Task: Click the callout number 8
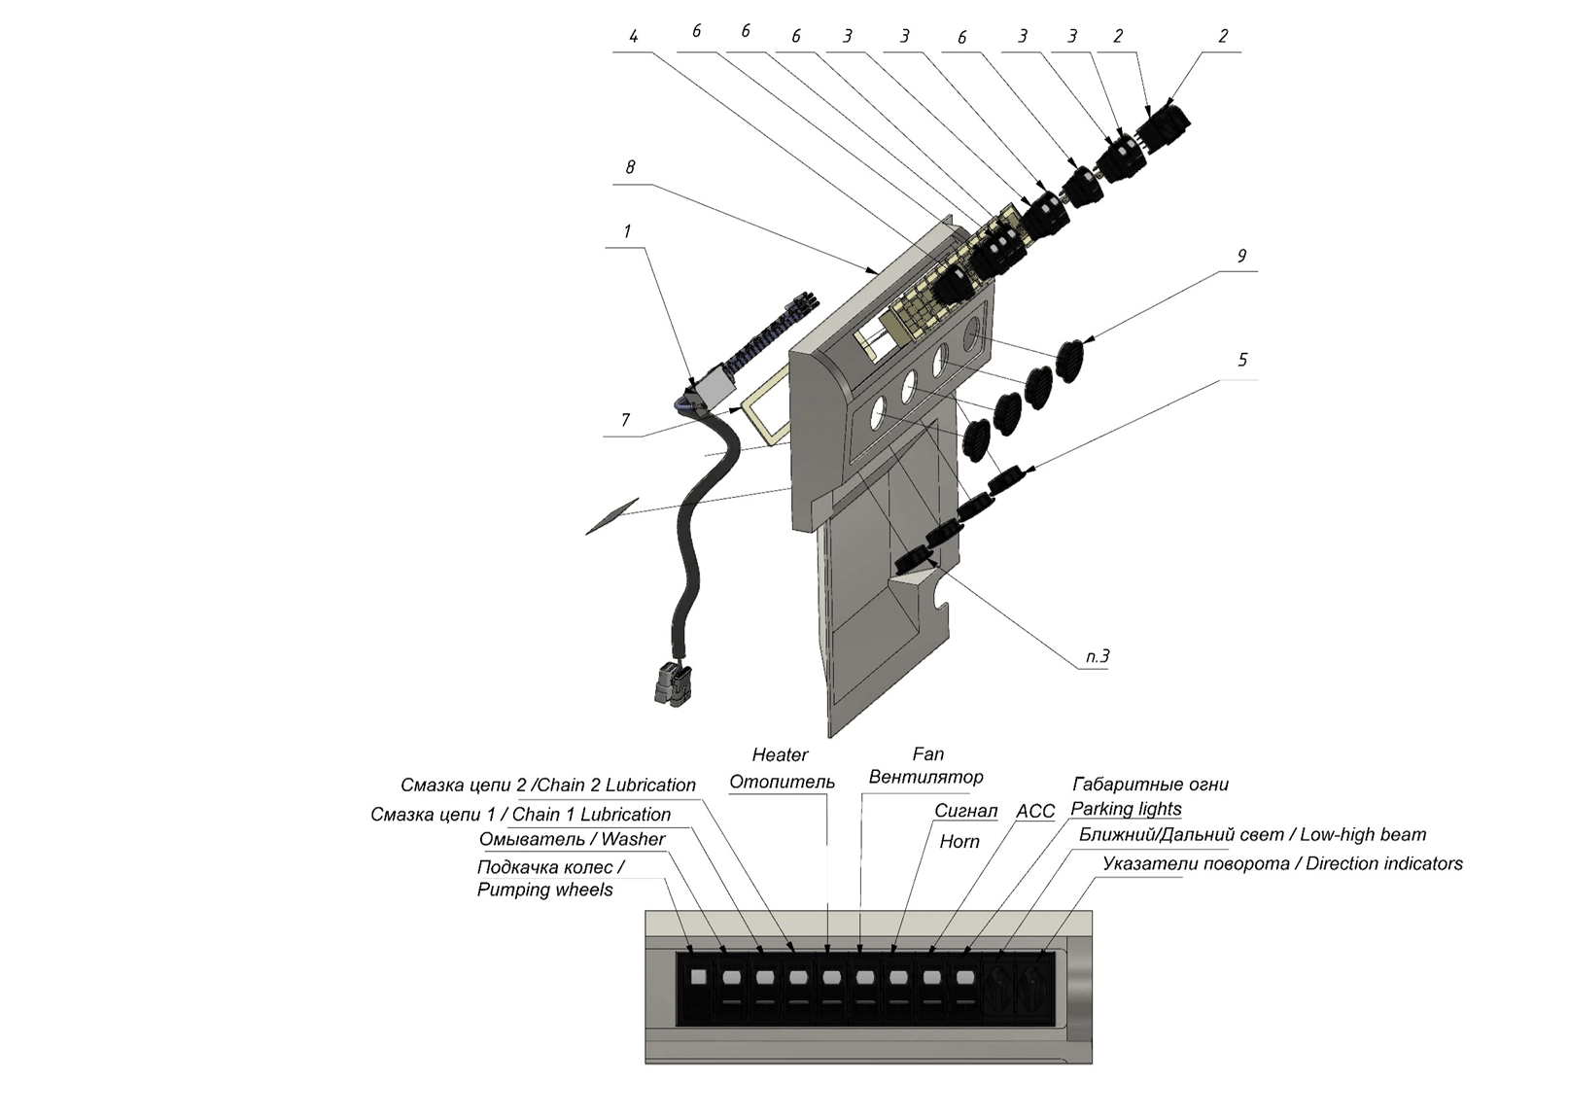pos(630,167)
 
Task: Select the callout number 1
pos(628,231)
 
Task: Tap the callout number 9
pos(1242,256)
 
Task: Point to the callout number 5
pos(1242,360)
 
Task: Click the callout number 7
pos(625,420)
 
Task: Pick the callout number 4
pos(633,36)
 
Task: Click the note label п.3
pos(1098,656)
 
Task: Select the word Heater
pos(780,754)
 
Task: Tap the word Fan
pos(928,754)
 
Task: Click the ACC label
pos(1035,811)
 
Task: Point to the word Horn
pos(959,842)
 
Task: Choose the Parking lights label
pos(1126,809)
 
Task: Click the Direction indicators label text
pos(1384,863)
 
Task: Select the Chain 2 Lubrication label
pos(616,785)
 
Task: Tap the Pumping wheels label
pos(545,890)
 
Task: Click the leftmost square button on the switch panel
pos(698,977)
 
